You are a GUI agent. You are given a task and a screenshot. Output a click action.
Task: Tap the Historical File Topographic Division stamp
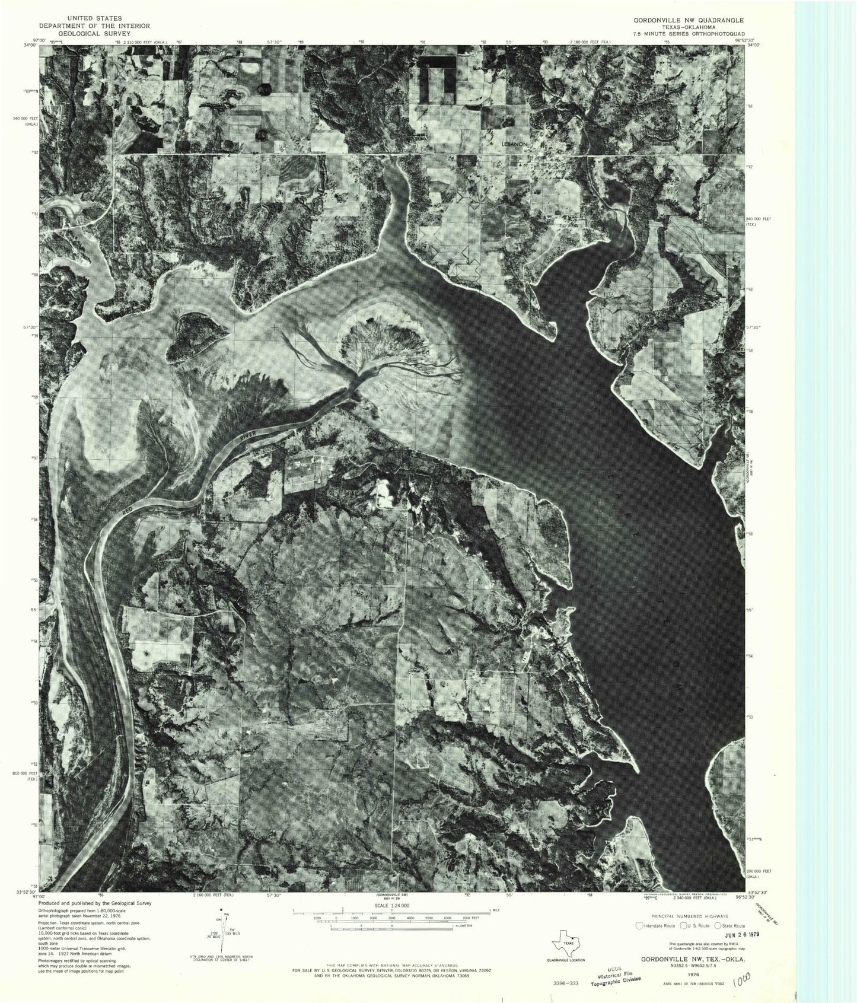pyautogui.click(x=611, y=979)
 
